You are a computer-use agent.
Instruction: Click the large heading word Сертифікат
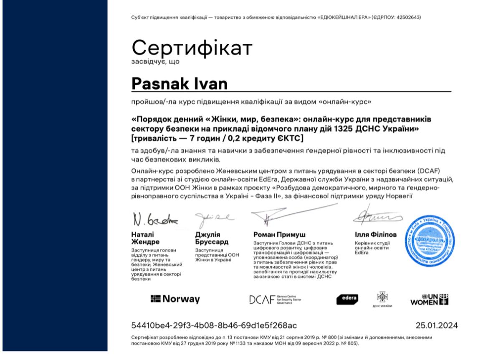click(192, 48)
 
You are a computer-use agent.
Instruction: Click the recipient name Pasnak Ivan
click(180, 83)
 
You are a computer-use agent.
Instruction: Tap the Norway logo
click(175, 299)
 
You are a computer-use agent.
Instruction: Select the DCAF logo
click(275, 299)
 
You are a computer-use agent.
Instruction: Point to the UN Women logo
click(430, 299)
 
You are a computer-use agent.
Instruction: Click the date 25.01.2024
click(437, 325)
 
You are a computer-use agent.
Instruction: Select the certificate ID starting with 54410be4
click(214, 325)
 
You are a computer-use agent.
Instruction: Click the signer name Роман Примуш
click(279, 235)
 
